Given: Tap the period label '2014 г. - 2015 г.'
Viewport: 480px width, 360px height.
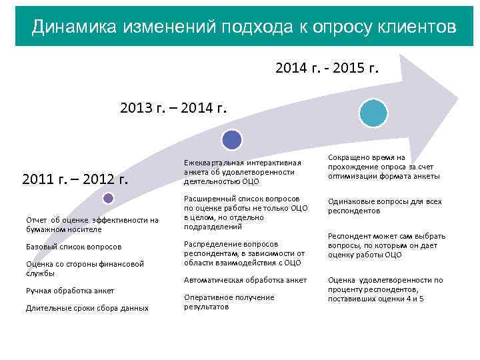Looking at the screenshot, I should tap(327, 67).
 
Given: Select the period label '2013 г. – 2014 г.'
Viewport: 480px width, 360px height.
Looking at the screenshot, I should tap(173, 107).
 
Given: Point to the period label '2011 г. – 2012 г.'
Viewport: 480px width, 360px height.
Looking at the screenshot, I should tap(75, 179).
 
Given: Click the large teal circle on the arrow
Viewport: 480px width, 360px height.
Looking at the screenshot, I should tap(373, 113).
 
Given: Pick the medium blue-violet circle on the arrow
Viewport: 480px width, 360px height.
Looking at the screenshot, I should tap(232, 139).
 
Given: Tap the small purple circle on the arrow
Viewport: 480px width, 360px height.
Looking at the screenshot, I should tap(109, 198).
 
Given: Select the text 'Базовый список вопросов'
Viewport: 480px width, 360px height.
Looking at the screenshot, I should tap(73, 247).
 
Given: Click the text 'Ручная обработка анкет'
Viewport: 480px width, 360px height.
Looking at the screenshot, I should tap(70, 291).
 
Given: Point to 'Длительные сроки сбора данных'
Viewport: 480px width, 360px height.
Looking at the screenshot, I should tap(87, 308).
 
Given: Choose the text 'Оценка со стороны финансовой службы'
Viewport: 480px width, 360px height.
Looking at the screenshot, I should tap(85, 268).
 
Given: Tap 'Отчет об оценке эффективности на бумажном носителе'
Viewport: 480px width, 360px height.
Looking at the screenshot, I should tap(92, 225).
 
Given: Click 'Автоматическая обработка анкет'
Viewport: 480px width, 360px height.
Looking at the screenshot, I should tap(245, 280).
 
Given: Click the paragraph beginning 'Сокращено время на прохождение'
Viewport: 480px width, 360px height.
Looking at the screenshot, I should tap(383, 167).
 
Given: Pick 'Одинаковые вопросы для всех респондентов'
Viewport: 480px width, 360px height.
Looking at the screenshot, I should tap(384, 206).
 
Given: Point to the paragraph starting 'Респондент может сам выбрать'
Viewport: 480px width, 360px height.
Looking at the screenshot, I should tap(387, 245).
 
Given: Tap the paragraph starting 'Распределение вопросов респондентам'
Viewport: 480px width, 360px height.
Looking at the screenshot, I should tap(244, 253).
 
